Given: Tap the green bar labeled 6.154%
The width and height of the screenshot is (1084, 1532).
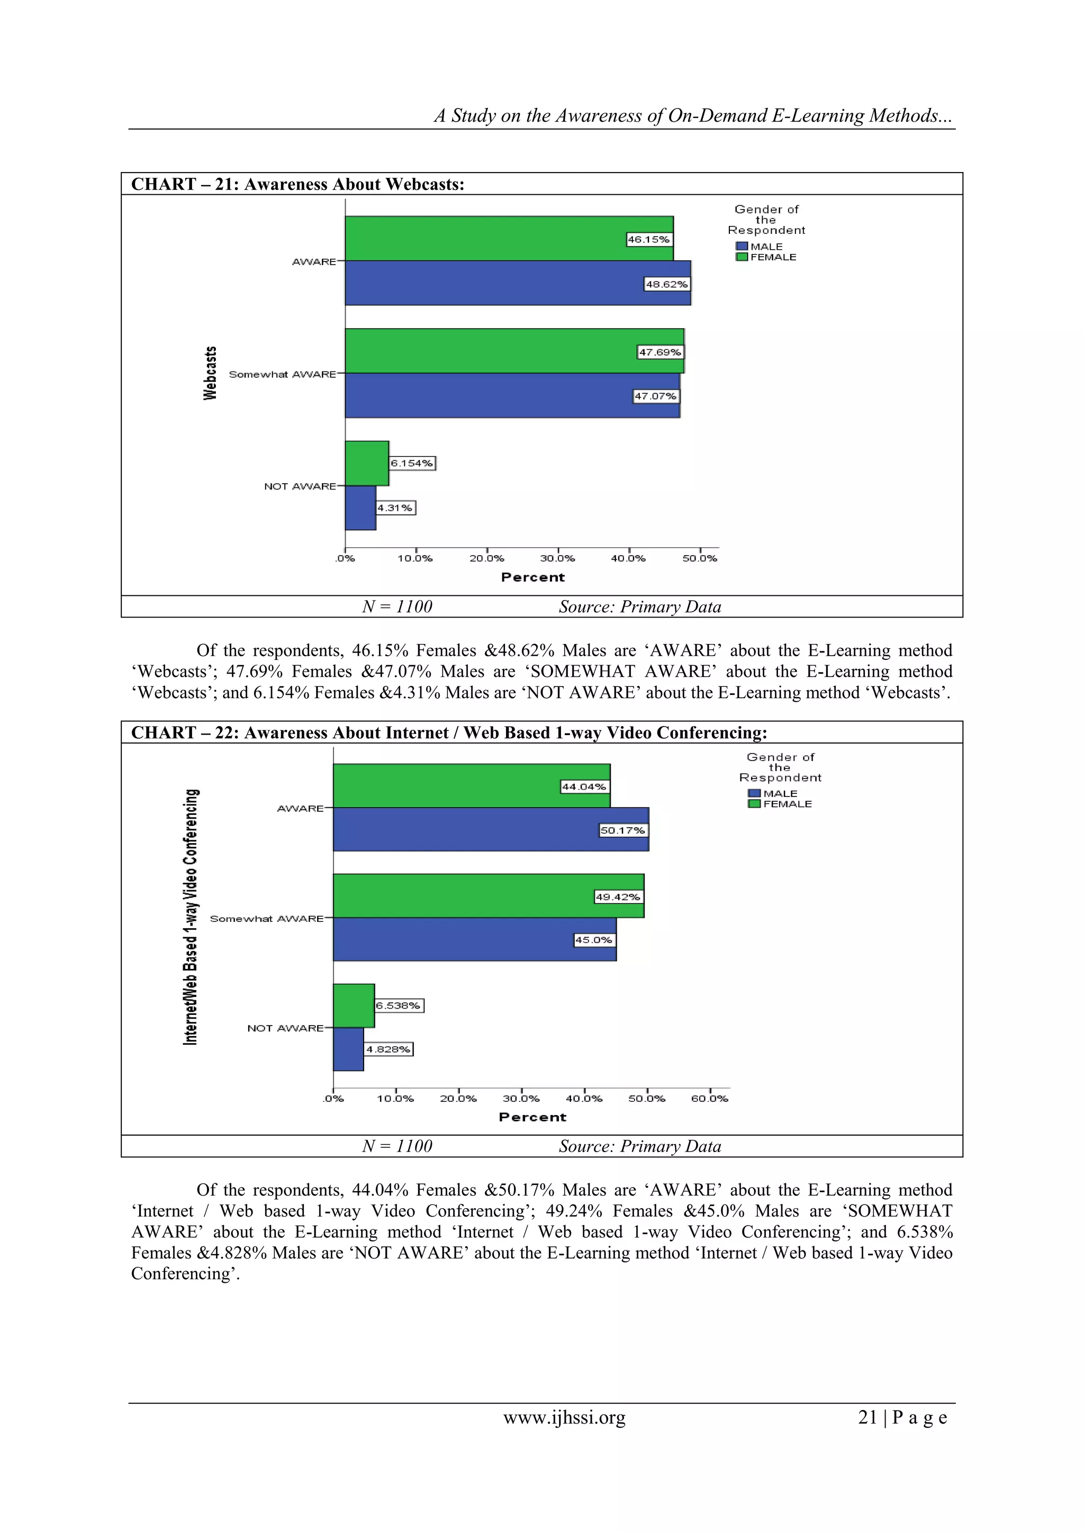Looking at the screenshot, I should tap(366, 463).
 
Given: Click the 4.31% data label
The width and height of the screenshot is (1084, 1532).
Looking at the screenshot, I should tap(395, 509).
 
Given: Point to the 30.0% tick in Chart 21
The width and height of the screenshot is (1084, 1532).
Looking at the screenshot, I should tap(557, 558).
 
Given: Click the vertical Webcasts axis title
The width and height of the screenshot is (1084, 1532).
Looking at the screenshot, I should tap(210, 373).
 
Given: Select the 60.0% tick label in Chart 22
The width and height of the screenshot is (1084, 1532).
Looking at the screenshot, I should tap(710, 1098).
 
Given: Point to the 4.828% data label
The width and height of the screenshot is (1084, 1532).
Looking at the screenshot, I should tap(389, 1049).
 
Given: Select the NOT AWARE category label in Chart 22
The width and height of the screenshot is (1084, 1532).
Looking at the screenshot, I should tap(285, 1028).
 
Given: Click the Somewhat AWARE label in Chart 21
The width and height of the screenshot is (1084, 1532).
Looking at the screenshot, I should tap(282, 374).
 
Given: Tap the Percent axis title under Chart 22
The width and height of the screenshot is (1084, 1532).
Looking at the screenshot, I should tap(532, 1117).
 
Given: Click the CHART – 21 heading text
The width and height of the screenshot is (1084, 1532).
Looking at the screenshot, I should tap(297, 184).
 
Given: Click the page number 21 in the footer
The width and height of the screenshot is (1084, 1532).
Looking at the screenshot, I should tap(867, 1417).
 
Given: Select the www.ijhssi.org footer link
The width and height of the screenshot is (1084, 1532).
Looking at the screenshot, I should tap(564, 1417).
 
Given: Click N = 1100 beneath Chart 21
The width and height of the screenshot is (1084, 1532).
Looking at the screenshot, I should tap(397, 606).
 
